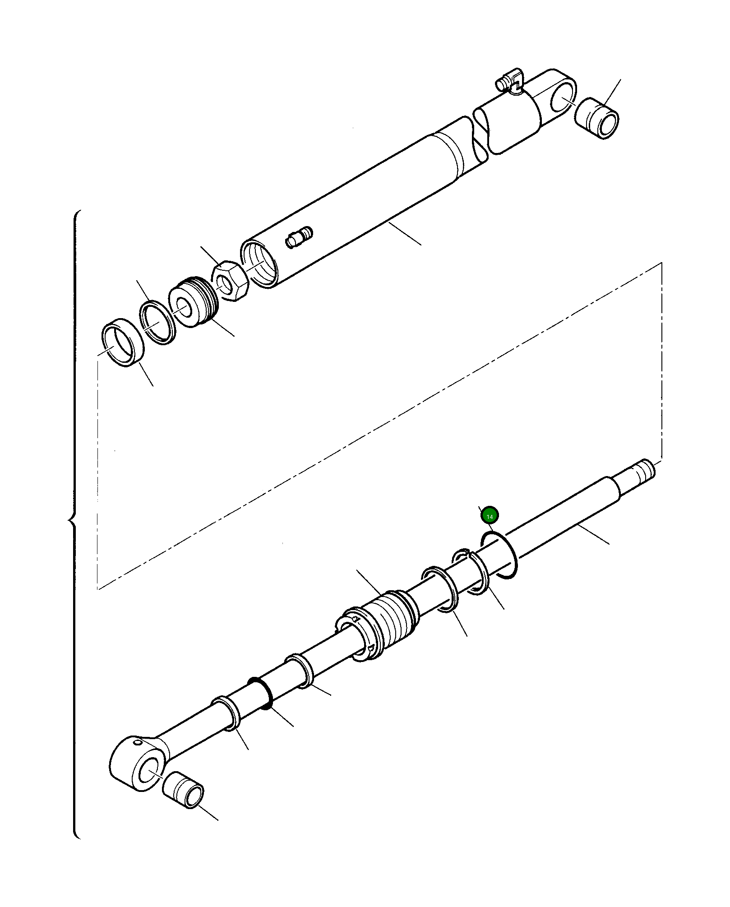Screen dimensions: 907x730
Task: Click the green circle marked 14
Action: coord(490,515)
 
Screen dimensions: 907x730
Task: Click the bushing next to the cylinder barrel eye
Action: coord(597,118)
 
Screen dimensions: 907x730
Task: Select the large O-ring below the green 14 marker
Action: coord(499,555)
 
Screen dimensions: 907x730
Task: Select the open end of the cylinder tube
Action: coord(259,265)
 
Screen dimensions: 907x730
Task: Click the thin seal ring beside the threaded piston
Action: coord(157,322)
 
